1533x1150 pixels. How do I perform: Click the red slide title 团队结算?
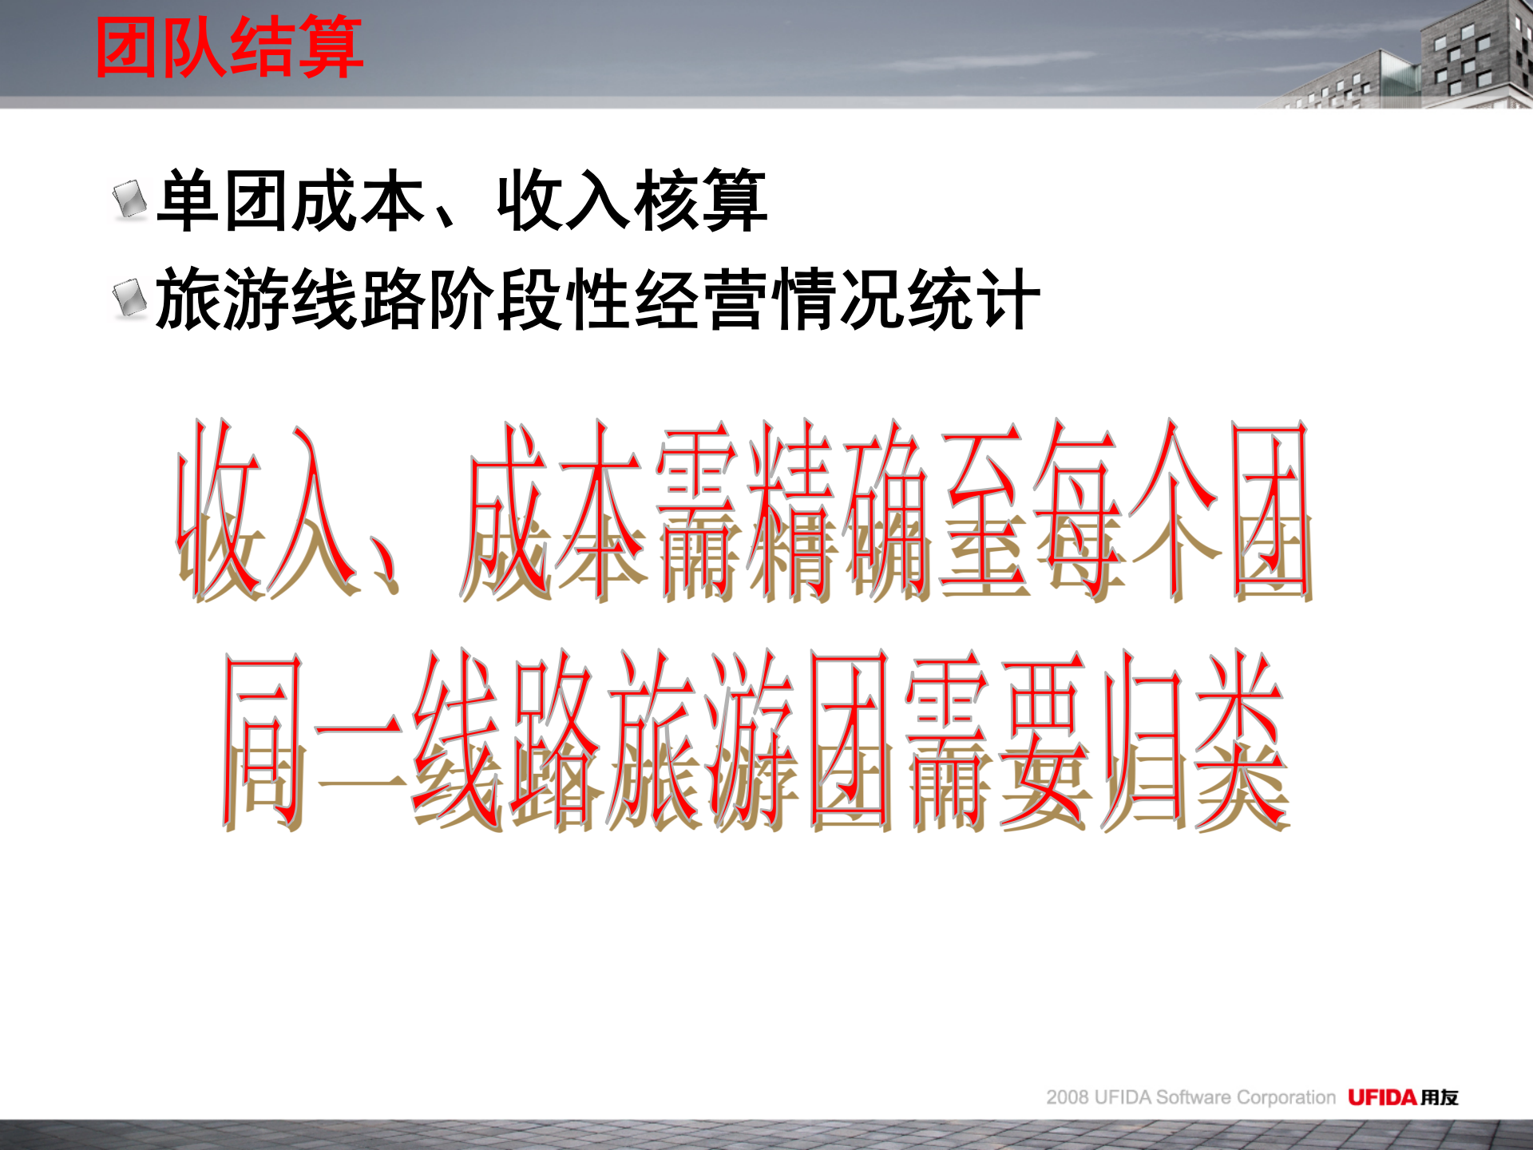(230, 48)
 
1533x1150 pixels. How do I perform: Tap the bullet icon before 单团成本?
(129, 200)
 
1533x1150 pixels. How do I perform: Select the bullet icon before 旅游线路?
(129, 299)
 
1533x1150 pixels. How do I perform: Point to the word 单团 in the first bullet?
(224, 201)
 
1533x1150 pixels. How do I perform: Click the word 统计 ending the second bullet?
(974, 300)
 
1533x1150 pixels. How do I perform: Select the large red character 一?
(359, 739)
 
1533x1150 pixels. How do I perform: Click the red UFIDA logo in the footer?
(1382, 1097)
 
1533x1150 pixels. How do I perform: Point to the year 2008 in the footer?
(1068, 1098)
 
